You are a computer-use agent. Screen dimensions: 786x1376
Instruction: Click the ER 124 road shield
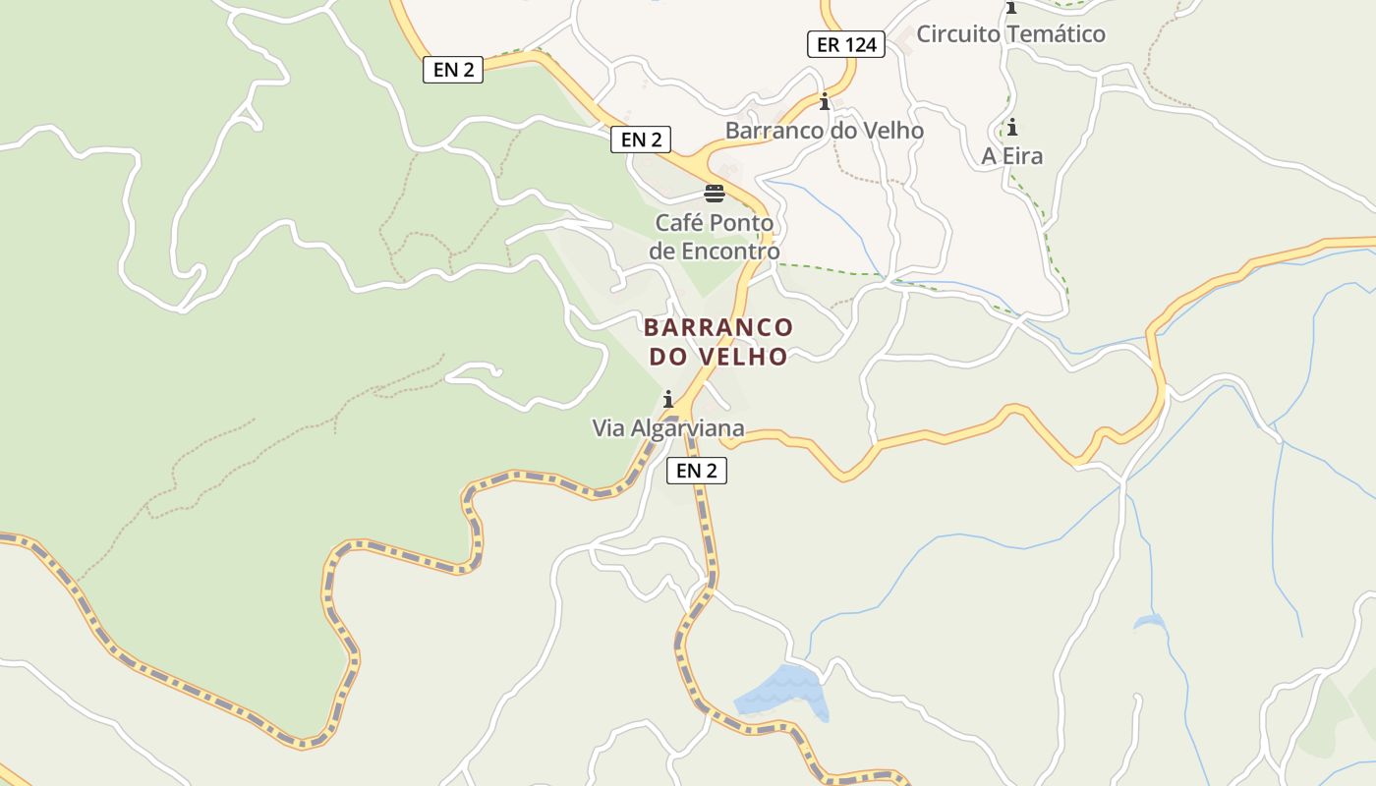846,44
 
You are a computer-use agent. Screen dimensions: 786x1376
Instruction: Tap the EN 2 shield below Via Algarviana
696,471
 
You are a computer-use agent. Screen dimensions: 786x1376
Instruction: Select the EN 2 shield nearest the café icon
641,140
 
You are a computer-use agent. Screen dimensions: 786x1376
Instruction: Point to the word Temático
1058,34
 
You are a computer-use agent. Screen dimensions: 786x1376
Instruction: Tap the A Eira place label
1012,156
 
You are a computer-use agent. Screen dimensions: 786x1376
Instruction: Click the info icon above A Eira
1011,127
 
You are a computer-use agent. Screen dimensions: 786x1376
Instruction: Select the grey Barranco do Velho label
824,131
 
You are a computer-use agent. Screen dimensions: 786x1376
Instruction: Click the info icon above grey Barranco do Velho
824,101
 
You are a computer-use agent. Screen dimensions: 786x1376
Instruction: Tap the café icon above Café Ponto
715,193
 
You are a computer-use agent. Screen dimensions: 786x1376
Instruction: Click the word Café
679,224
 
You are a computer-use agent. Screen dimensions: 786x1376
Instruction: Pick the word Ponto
741,224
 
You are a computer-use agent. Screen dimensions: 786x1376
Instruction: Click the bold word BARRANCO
718,327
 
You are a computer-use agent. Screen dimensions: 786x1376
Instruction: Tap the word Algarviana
687,428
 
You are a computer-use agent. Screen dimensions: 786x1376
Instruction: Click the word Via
607,428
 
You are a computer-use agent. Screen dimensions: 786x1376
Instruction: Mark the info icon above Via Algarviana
668,399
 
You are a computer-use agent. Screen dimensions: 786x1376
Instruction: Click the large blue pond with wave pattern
781,689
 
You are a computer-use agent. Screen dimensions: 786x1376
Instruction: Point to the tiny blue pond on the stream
1148,621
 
